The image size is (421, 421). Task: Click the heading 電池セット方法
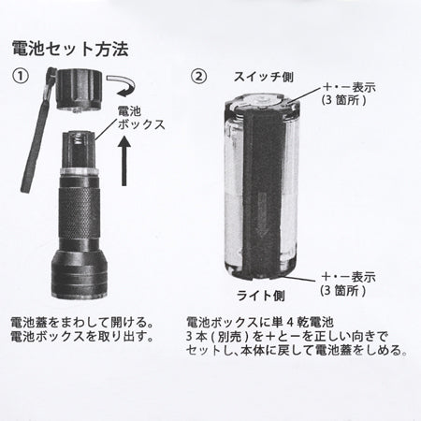coord(70,49)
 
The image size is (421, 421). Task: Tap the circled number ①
coord(21,76)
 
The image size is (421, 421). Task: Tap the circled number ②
coord(198,76)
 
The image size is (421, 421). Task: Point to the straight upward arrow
coord(124,161)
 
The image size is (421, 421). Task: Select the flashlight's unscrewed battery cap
coord(79,90)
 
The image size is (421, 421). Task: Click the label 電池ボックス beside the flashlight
coord(141,118)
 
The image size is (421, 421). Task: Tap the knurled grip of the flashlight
coord(80,213)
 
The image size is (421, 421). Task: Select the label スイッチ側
coord(264,77)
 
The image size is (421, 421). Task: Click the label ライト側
coord(261,296)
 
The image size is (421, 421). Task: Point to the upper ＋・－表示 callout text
coord(348,94)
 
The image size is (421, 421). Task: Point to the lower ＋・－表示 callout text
coord(348,283)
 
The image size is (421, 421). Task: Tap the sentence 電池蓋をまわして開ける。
coord(82,323)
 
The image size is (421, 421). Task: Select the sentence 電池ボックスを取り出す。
coord(82,337)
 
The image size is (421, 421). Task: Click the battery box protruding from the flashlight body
coord(79,150)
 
